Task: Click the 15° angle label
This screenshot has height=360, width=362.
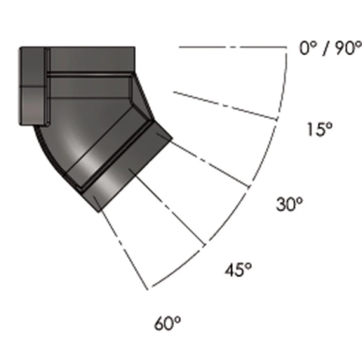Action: click(320, 129)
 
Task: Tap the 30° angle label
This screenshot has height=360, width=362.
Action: click(289, 204)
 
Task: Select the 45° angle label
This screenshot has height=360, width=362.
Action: click(238, 270)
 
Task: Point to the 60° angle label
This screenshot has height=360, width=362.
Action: click(168, 323)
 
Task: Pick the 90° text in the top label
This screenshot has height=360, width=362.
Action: click(348, 48)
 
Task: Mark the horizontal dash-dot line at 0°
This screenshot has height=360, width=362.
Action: click(233, 47)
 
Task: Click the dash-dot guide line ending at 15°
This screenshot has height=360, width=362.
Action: click(225, 105)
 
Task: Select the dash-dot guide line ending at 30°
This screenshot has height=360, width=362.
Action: click(203, 160)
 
